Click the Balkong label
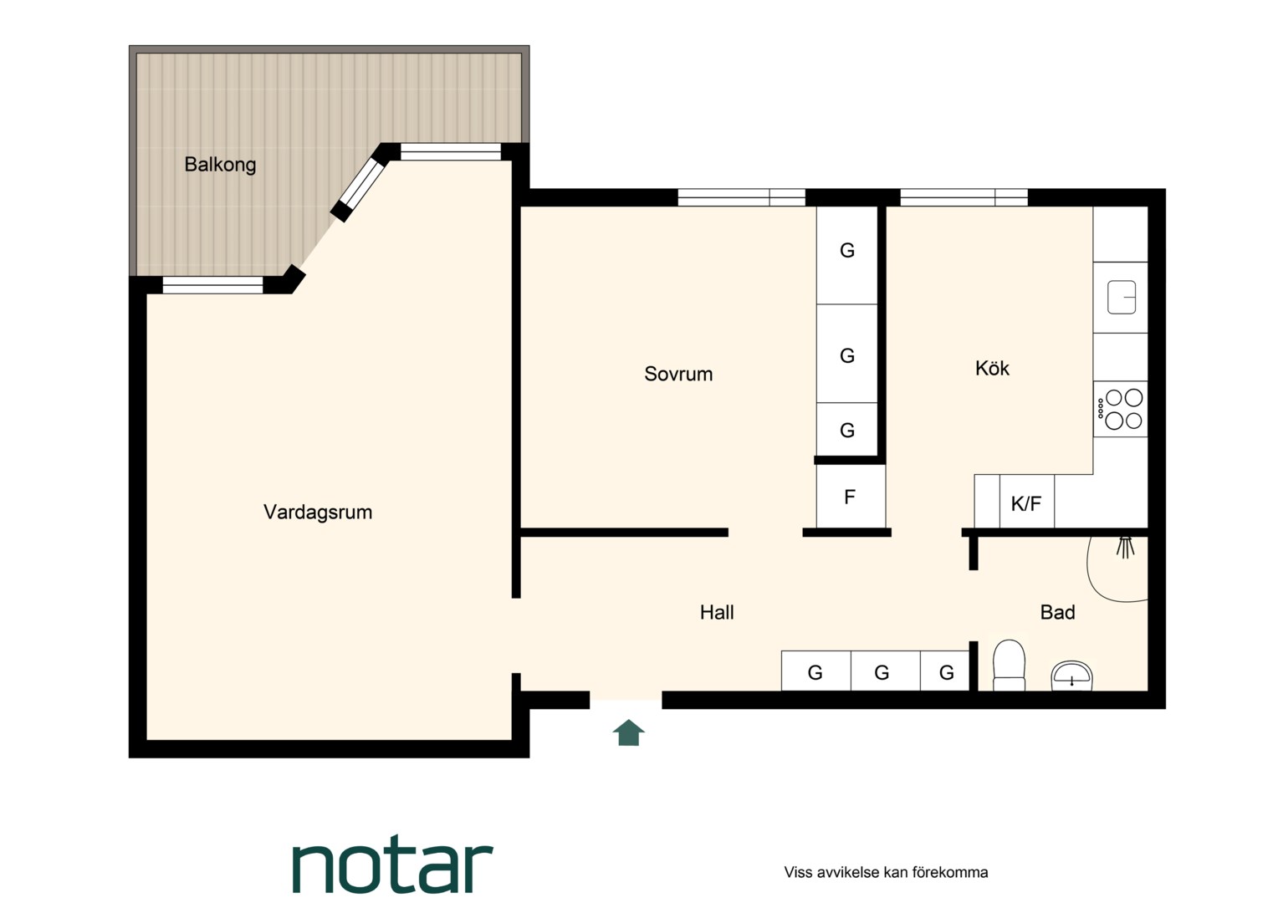tap(220, 165)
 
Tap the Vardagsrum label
tap(318, 512)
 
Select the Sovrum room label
tap(678, 374)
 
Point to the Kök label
tap(992, 368)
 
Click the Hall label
tap(717, 612)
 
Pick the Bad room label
tap(1057, 612)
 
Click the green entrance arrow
tap(628, 732)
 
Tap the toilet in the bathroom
tap(1009, 666)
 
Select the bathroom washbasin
tap(1071, 676)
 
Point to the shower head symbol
tap(1125, 547)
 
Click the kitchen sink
tap(1121, 297)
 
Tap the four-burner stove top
tap(1121, 409)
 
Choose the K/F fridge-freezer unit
tap(1026, 501)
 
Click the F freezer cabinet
tap(851, 497)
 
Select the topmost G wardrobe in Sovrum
tap(846, 255)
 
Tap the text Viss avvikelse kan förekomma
tap(886, 872)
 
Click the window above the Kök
tap(964, 197)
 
